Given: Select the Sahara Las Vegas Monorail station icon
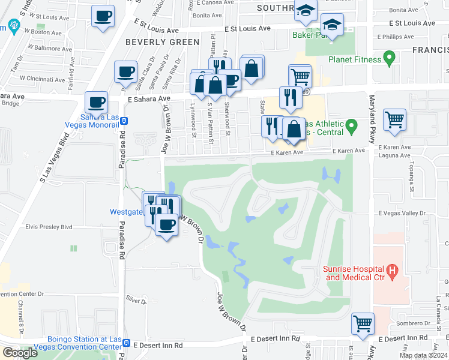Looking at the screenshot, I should (x=123, y=120).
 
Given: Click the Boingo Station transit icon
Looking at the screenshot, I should (x=127, y=343).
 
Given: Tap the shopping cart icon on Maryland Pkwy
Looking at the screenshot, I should (x=394, y=119).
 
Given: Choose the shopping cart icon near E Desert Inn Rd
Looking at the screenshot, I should (x=363, y=323).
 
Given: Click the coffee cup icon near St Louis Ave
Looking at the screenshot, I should (x=103, y=16).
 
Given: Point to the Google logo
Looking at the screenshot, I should (x=20, y=352).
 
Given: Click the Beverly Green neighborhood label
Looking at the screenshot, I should (x=162, y=42).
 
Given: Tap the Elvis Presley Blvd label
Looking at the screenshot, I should (x=49, y=227).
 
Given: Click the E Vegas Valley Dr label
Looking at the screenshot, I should (x=401, y=213).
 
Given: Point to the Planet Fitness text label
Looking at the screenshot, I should (x=355, y=59).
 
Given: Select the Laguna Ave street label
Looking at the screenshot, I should (x=394, y=155).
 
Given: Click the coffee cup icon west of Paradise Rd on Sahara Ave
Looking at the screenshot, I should (x=95, y=102).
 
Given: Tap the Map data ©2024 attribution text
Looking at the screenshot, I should (x=424, y=355).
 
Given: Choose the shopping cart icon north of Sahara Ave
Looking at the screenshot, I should (x=300, y=76).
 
